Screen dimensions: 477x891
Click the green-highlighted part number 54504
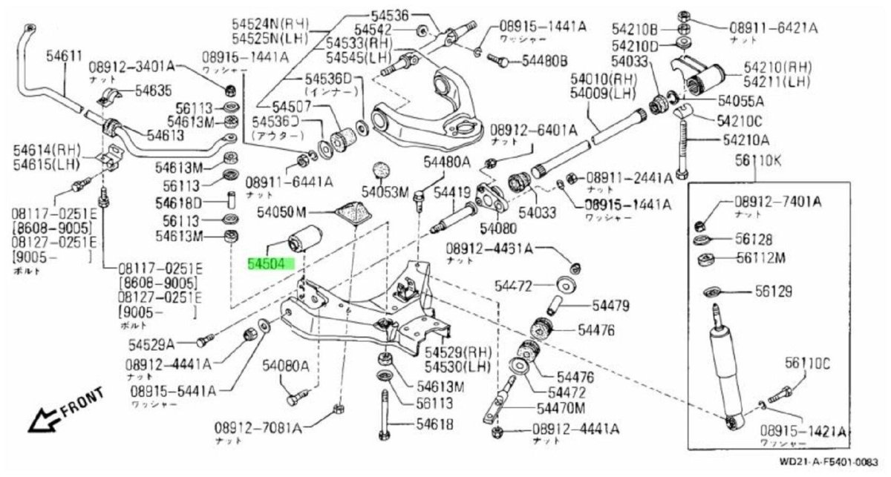pos(271,263)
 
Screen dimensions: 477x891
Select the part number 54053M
pos(385,193)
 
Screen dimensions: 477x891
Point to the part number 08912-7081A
pos(258,428)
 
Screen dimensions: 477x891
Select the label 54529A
pos(151,343)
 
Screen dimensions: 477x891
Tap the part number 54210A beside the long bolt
pos(745,139)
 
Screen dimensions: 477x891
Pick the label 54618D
pos(179,202)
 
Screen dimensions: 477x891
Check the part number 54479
pos(610,305)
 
